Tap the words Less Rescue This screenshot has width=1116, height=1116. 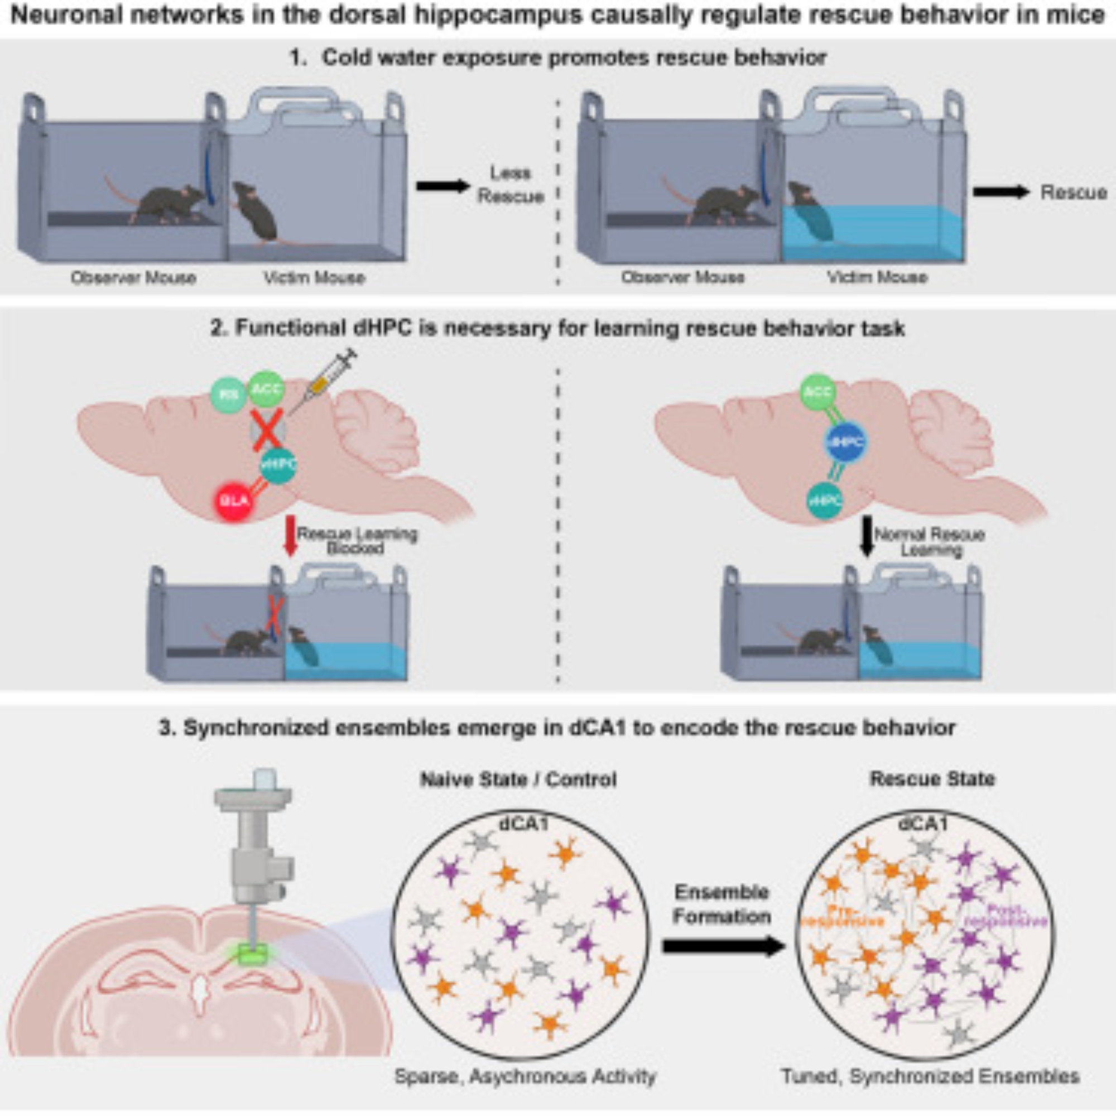[510, 185]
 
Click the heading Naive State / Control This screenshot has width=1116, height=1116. [518, 780]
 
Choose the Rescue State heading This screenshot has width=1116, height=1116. [932, 778]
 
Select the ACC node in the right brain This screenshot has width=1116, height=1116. [819, 393]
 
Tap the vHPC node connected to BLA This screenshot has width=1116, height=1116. [278, 464]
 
